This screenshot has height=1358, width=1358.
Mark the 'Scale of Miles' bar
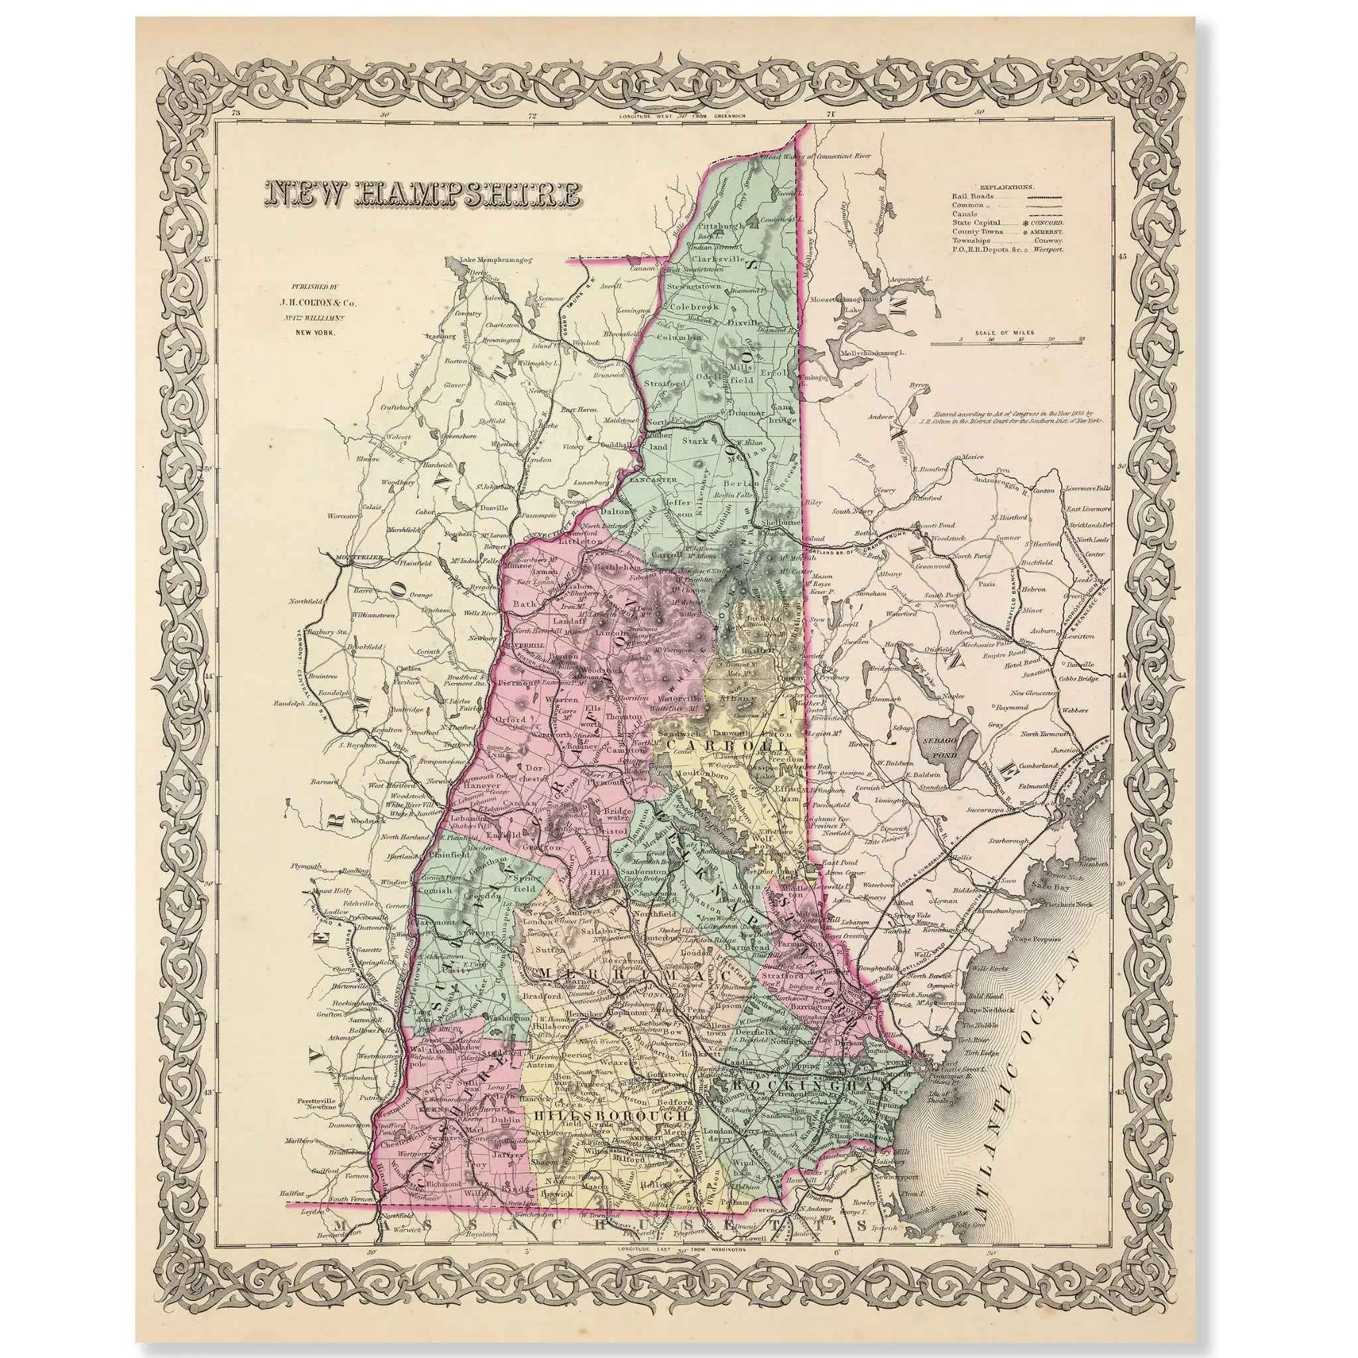[1007, 343]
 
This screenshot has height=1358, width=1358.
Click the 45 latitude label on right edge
[1123, 257]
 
